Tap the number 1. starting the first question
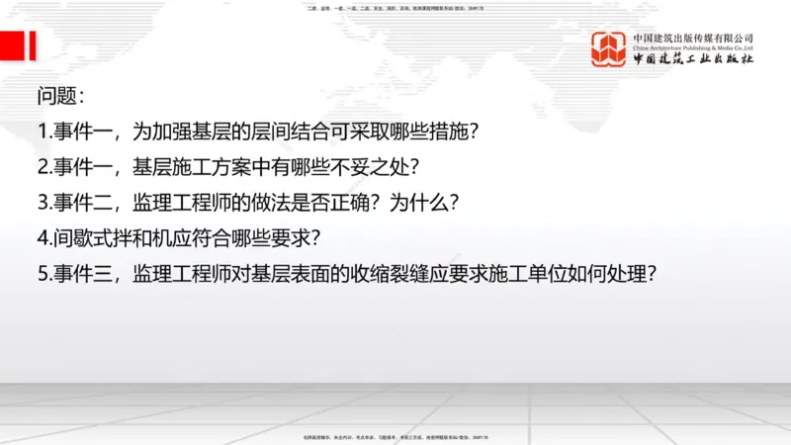pyautogui.click(x=44, y=131)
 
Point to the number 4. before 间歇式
pyautogui.click(x=44, y=238)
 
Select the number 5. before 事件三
pyautogui.click(x=44, y=274)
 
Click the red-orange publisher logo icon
pyautogui.click(x=609, y=49)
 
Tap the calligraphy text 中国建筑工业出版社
pyautogui.click(x=693, y=59)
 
